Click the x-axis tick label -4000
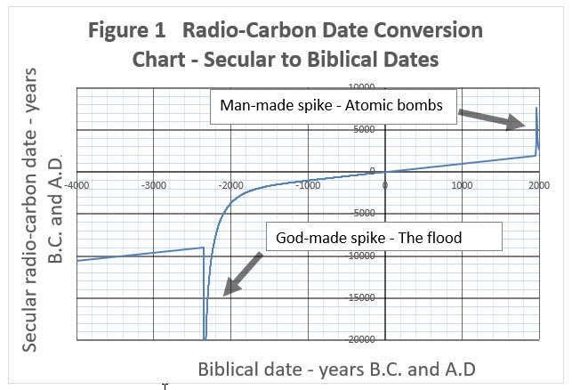click(x=77, y=185)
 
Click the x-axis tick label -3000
click(x=154, y=185)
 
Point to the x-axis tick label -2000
click(x=230, y=185)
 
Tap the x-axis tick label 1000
click(x=462, y=185)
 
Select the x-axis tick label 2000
click(x=539, y=185)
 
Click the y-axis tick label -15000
click(x=360, y=297)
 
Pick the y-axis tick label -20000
click(x=360, y=339)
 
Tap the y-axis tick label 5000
click(x=364, y=129)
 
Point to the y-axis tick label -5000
click(x=363, y=213)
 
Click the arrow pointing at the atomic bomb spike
click(x=492, y=118)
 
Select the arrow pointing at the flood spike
click(x=243, y=274)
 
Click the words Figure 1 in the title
click(x=127, y=30)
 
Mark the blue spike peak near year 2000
click(x=536, y=108)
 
